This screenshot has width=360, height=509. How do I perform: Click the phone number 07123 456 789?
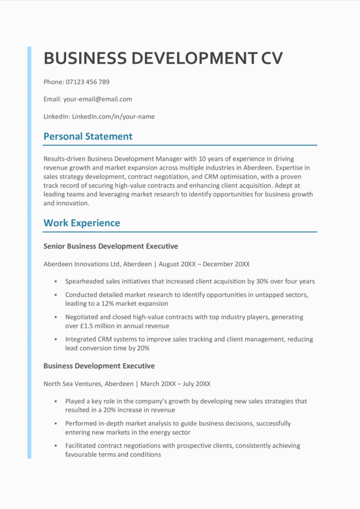pyautogui.click(x=88, y=82)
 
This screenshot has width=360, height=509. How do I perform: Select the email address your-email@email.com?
pyautogui.click(x=97, y=99)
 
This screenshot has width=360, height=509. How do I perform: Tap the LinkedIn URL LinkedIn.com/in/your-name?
pyautogui.click(x=113, y=117)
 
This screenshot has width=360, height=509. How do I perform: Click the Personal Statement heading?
pyautogui.click(x=88, y=136)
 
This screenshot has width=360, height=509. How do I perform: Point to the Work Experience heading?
pyautogui.click(x=82, y=223)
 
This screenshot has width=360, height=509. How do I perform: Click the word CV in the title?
pyautogui.click(x=271, y=58)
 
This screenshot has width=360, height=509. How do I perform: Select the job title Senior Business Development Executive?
pyautogui.click(x=110, y=246)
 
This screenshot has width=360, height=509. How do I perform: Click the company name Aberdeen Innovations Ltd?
pyautogui.click(x=81, y=264)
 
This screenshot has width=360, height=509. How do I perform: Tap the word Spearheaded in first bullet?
pyautogui.click(x=85, y=281)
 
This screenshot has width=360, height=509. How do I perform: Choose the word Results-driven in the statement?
pyautogui.click(x=64, y=159)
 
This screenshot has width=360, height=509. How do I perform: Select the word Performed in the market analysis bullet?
pyautogui.click(x=81, y=424)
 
